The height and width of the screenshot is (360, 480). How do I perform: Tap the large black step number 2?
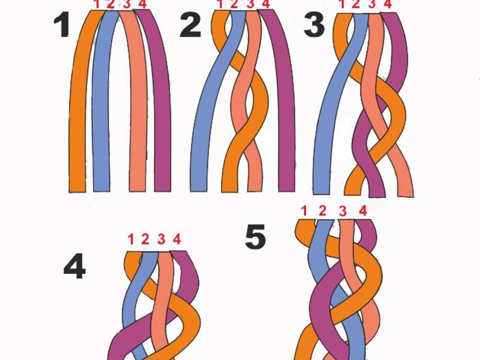coord(190,25)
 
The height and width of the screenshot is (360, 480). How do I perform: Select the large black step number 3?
coord(314,26)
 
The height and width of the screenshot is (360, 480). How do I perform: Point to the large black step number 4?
coord(74,268)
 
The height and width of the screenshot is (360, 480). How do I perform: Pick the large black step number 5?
coord(255,236)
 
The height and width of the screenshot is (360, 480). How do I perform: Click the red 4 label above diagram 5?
coord(363,211)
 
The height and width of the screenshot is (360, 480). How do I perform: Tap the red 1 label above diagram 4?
coord(131,239)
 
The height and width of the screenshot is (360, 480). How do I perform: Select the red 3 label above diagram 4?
coord(161,239)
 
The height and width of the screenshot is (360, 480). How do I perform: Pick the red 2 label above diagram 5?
coord(322,211)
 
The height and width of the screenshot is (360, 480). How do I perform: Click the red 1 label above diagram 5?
coord(304,211)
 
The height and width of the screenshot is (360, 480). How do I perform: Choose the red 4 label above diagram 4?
coord(176,239)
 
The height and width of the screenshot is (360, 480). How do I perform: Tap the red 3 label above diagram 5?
coord(343,211)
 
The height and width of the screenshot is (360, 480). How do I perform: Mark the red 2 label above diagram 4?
coord(145,239)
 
